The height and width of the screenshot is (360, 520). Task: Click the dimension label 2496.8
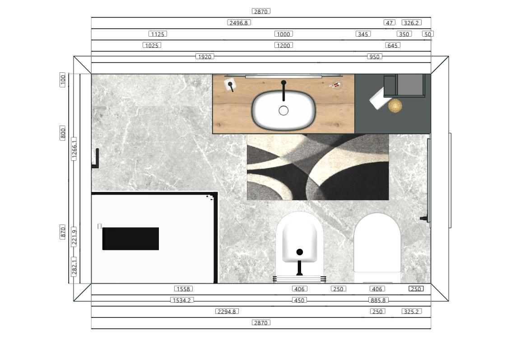pyautogui.click(x=239, y=23)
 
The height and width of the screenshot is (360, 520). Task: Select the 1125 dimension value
pyautogui.click(x=158, y=34)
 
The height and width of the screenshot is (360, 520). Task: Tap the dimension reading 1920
pyautogui.click(x=204, y=56)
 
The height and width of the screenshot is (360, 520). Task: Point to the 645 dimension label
pyautogui.click(x=392, y=45)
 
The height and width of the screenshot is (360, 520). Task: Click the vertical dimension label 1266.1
pyautogui.click(x=74, y=149)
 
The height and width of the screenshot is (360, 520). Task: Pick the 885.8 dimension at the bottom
pyautogui.click(x=378, y=300)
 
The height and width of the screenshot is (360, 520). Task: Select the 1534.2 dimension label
pyautogui.click(x=182, y=300)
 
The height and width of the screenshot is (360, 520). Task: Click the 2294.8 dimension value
pyautogui.click(x=227, y=311)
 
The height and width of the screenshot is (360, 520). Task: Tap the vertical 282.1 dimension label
pyautogui.click(x=74, y=267)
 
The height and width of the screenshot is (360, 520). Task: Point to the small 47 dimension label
pyautogui.click(x=390, y=23)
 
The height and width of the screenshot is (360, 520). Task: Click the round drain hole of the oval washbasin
pyautogui.click(x=283, y=111)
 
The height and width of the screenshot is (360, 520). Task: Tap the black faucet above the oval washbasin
pyautogui.click(x=283, y=90)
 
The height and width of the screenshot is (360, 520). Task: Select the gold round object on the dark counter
pyautogui.click(x=395, y=106)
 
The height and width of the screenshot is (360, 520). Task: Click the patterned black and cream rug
pyautogui.click(x=318, y=167)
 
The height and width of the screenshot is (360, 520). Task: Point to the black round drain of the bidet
pyautogui.click(x=299, y=252)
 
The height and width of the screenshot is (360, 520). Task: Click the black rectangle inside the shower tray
pyautogui.click(x=130, y=238)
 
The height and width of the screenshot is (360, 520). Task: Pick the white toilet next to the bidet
pyautogui.click(x=377, y=248)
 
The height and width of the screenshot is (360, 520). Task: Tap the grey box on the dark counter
pyautogui.click(x=410, y=85)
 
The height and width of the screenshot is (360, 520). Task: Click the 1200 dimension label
pyautogui.click(x=283, y=45)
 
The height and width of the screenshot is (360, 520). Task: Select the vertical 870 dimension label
pyautogui.click(x=63, y=232)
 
